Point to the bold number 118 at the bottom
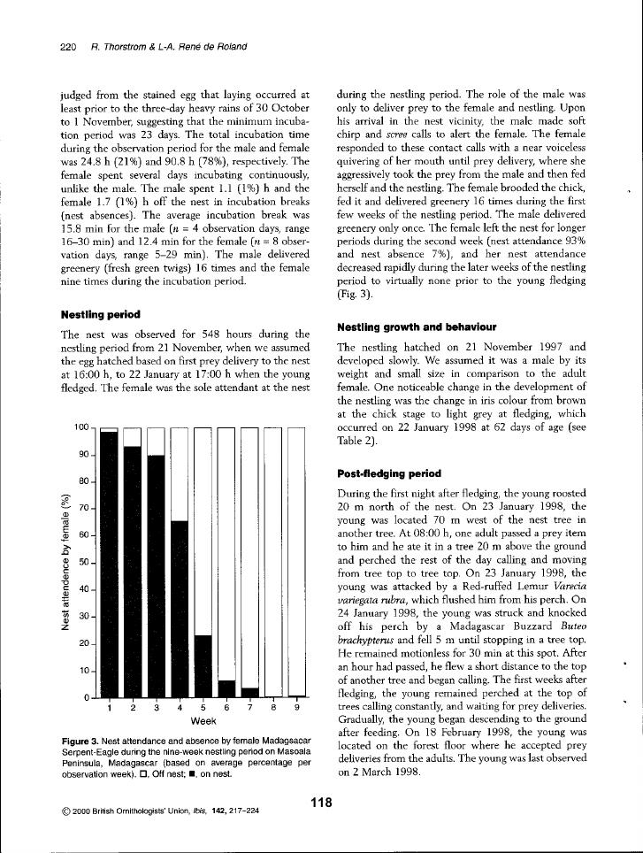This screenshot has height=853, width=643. pos(320,802)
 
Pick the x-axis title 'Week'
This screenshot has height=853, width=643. pos(203,720)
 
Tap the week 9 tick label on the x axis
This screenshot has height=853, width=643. pos(297,707)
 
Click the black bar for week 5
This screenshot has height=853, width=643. pos(203,665)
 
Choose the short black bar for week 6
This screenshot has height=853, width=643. pos(226,688)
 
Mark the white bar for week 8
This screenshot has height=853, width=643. pos(273,561)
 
